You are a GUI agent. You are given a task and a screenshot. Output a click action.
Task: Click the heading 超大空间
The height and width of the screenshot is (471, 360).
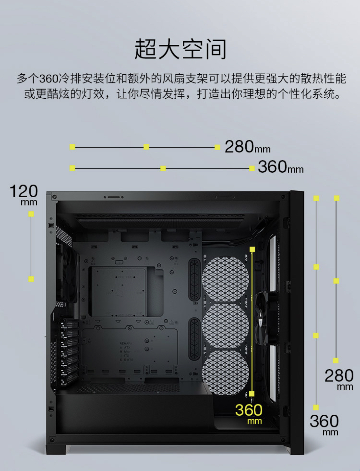point(180,49)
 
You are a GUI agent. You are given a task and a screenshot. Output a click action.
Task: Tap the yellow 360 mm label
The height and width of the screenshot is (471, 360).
point(249,413)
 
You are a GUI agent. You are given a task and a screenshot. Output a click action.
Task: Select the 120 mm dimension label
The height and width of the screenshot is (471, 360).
point(24,194)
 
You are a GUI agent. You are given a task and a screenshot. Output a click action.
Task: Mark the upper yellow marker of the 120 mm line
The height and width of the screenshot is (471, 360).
point(31,214)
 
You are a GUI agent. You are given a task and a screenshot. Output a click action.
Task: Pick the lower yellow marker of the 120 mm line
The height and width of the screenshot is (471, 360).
point(31,279)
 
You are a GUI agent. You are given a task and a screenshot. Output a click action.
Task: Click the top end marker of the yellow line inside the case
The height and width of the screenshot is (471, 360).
point(252,249)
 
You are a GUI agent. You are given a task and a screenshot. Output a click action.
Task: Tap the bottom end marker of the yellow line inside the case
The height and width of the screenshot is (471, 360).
point(252,394)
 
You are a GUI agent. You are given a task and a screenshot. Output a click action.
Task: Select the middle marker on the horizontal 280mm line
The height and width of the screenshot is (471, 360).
point(146,147)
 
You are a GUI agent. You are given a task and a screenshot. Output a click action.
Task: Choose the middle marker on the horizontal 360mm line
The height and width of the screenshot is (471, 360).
point(163,168)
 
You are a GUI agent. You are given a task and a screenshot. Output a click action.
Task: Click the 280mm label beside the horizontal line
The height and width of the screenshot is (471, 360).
point(247,147)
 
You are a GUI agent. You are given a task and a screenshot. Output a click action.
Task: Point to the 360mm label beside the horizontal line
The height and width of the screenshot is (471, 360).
point(281,167)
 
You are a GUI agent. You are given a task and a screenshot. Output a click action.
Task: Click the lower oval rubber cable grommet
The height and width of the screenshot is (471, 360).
point(194,338)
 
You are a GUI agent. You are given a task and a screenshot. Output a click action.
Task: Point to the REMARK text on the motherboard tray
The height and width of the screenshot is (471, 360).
point(126,343)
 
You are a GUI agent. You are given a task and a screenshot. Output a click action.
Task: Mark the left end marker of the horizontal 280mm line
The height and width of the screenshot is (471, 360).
point(72,147)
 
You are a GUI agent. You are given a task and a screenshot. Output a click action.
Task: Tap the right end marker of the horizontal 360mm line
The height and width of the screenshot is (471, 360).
point(252,168)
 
